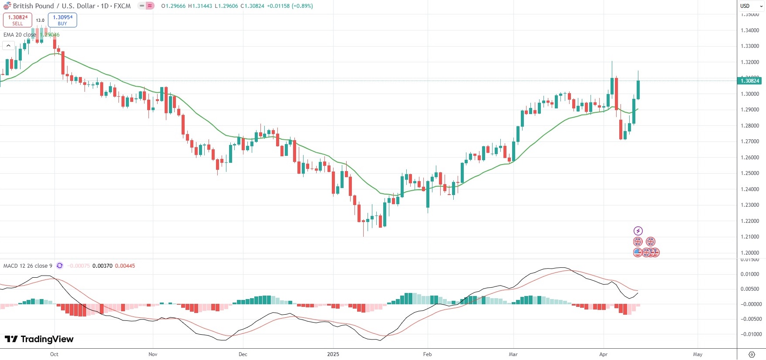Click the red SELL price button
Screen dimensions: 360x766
point(17,20)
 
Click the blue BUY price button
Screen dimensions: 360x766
point(62,20)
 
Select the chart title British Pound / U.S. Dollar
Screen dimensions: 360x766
point(54,6)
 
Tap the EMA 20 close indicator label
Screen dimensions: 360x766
point(20,35)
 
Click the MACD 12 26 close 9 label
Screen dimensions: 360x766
point(28,266)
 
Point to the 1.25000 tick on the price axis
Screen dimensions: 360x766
point(749,173)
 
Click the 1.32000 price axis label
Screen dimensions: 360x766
point(749,62)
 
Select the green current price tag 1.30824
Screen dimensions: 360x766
point(749,81)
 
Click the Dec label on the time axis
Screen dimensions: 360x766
point(243,354)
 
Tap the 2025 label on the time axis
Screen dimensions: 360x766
point(333,354)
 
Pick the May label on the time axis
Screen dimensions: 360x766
point(698,354)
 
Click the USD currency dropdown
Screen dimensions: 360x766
point(751,6)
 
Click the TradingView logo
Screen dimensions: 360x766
point(39,339)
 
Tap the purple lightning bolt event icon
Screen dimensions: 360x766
point(638,231)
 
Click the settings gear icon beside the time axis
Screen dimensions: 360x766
point(752,354)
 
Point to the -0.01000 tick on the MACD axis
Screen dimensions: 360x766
point(751,334)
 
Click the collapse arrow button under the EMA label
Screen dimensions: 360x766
point(8,45)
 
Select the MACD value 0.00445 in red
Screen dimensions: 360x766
point(125,266)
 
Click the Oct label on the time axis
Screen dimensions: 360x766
point(54,354)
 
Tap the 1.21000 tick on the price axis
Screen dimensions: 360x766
point(749,237)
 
